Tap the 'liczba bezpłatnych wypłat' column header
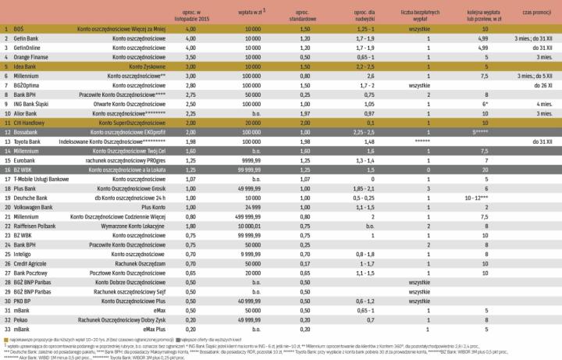click(428, 14)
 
